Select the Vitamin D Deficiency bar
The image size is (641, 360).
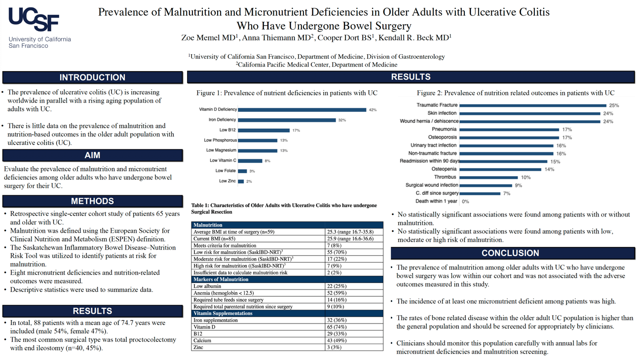tap(302, 109)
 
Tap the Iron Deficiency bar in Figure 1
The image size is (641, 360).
tap(287, 120)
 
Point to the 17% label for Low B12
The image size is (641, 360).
tap(296, 131)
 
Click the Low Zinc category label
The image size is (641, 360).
tap(227, 181)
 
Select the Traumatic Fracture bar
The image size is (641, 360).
tap(532, 105)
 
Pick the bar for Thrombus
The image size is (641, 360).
tap(489, 178)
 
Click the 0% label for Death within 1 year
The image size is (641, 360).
tap(465, 202)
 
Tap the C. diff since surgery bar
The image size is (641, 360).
tap(480, 193)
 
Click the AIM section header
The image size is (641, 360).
tap(92, 155)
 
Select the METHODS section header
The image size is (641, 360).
tap(92, 201)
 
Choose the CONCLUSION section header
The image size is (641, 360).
tap(510, 253)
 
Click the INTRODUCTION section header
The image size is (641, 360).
tap(92, 77)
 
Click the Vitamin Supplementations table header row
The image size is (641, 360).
tap(287, 313)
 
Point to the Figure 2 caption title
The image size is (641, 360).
tap(516, 93)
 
